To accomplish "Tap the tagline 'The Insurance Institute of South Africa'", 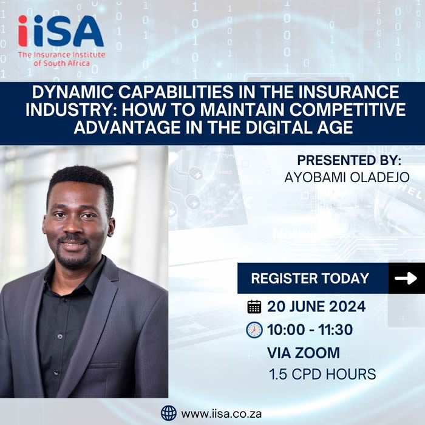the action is pyautogui.click(x=61, y=59).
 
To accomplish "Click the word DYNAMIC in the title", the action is pyautogui.click(x=73, y=92).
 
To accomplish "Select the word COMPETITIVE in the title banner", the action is pyautogui.click(x=347, y=109).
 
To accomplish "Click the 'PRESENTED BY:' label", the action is pyautogui.click(x=349, y=160).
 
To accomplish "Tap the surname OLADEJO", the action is pyautogui.click(x=379, y=177).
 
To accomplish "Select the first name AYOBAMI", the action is pyautogui.click(x=315, y=177).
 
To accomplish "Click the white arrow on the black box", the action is pyautogui.click(x=406, y=278).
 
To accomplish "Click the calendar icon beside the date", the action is pyautogui.click(x=254, y=307).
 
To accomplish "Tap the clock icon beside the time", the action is pyautogui.click(x=254, y=330).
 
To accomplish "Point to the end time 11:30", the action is pyautogui.click(x=336, y=330).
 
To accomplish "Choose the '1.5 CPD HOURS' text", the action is pyautogui.click(x=322, y=374).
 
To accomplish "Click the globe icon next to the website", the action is pyautogui.click(x=169, y=413).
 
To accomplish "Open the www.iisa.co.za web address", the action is pyautogui.click(x=222, y=414).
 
